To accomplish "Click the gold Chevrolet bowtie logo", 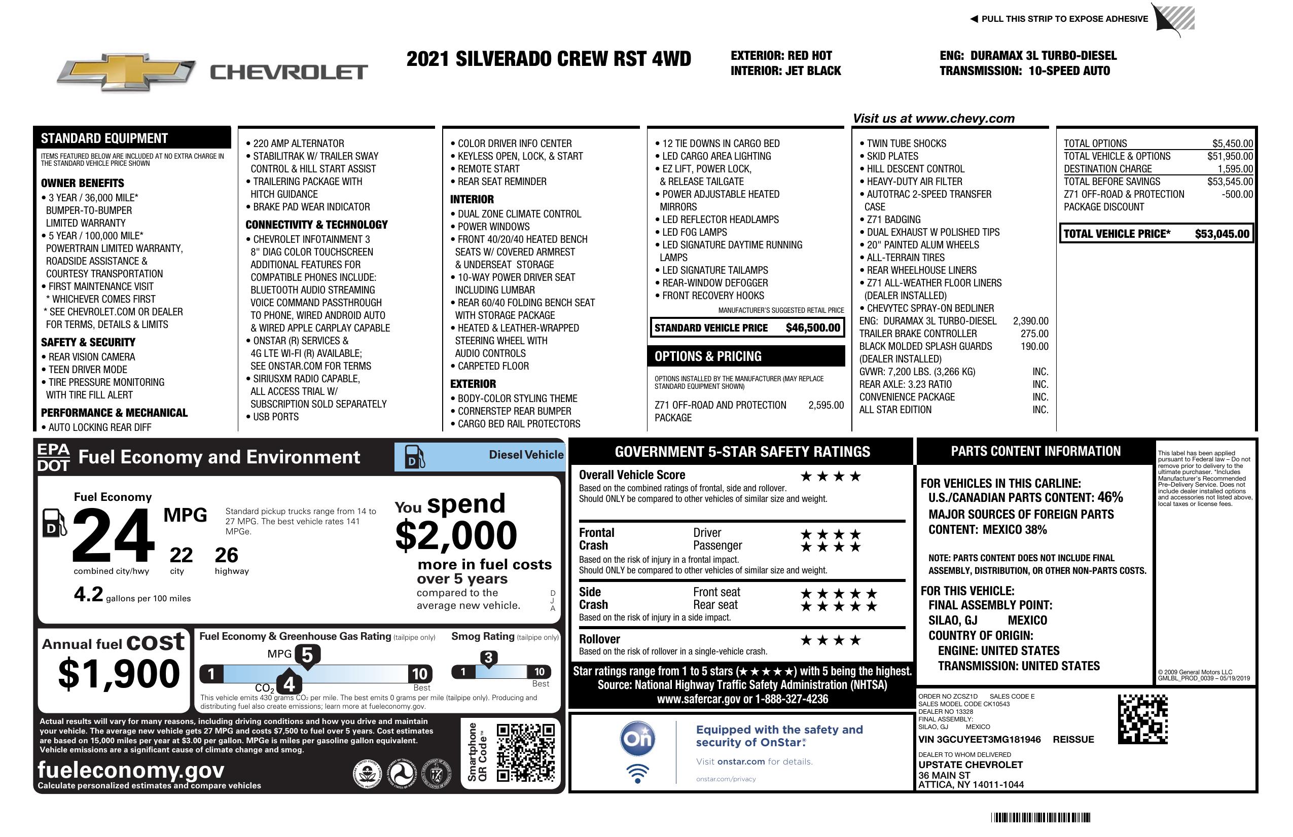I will pyautogui.click(x=126, y=71).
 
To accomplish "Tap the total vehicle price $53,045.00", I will pyautogui.click(x=1222, y=234).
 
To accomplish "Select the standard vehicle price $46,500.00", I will pyautogui.click(x=813, y=327).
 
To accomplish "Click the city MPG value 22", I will pyautogui.click(x=181, y=555).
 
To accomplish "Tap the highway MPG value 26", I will pyautogui.click(x=226, y=555).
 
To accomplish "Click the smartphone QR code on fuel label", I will pyautogui.click(x=525, y=752).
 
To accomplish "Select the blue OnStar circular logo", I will pyautogui.click(x=637, y=739).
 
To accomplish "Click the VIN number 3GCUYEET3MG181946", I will pyautogui.click(x=979, y=739).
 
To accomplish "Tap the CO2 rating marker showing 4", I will pyautogui.click(x=289, y=683).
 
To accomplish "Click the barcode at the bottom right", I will pyautogui.click(x=1040, y=817).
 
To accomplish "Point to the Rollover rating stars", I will pyautogui.click(x=830, y=640).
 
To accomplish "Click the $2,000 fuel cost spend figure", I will pyautogui.click(x=456, y=535).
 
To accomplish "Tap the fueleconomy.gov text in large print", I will pyautogui.click(x=131, y=770).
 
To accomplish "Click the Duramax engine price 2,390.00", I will pyautogui.click(x=1030, y=321).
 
